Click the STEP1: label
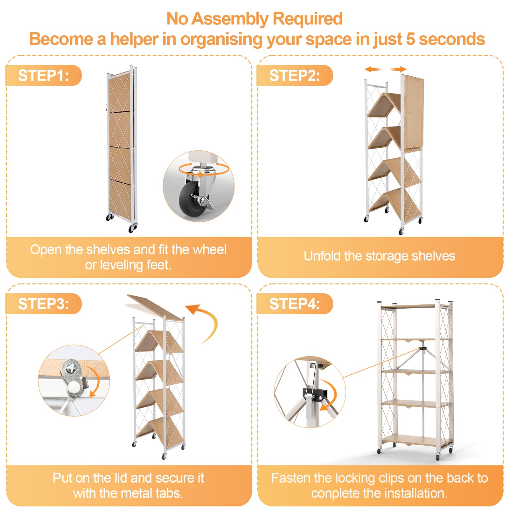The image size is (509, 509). (43, 76)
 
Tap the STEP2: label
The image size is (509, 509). (295, 76)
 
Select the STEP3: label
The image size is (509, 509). (43, 304)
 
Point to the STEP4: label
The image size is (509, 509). (295, 304)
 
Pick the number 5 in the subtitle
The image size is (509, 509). (410, 39)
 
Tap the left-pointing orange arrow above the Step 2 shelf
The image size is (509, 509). (373, 69)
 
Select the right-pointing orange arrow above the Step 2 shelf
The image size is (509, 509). (399, 69)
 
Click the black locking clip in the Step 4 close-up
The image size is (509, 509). (314, 394)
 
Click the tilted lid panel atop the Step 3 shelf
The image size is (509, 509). (155, 307)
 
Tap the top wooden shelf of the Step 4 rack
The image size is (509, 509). (415, 306)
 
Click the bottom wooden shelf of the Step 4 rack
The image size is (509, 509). (417, 441)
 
